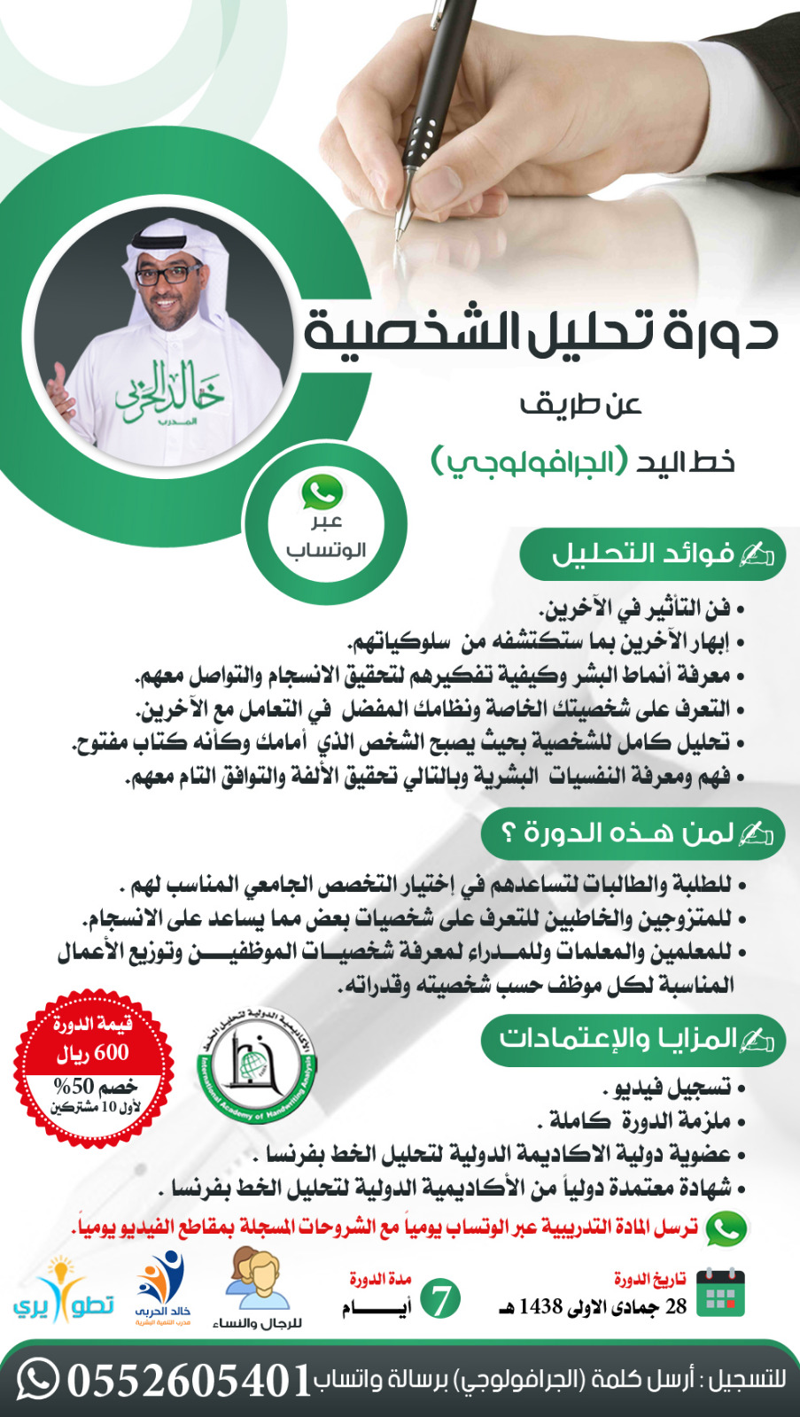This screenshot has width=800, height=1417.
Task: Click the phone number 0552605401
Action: pos(189,1380)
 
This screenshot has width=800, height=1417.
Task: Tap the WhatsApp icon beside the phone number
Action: pos(37,1379)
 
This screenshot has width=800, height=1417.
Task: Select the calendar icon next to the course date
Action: pos(720,1293)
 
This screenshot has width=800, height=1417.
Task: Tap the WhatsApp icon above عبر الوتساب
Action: pos(322,491)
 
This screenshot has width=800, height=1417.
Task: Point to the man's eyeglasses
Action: pos(168,273)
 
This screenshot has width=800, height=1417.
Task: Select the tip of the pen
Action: pos(399,237)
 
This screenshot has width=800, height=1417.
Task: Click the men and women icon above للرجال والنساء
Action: pos(257,1279)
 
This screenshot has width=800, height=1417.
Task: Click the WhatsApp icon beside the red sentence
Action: pos(726,1228)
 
